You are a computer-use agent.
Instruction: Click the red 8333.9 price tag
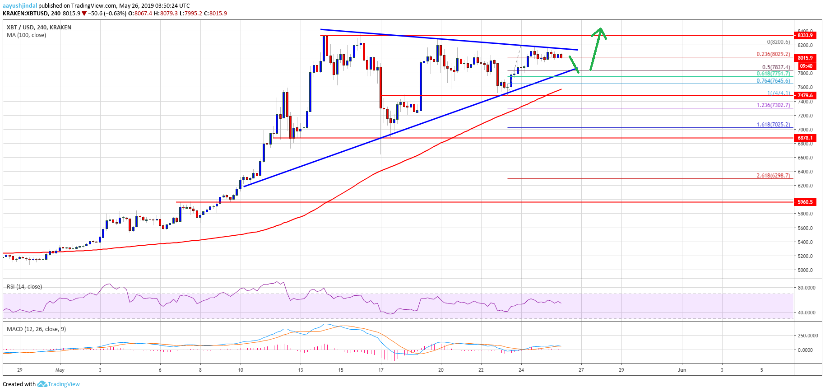(x=805, y=35)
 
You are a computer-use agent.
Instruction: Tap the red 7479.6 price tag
(x=805, y=95)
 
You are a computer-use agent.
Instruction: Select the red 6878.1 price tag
(x=805, y=138)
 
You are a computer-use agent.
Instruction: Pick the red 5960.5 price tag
(x=805, y=202)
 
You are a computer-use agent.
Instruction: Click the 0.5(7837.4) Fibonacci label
(x=776, y=67)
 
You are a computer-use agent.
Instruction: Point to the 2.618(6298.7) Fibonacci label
(x=773, y=176)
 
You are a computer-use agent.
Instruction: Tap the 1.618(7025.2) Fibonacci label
(x=773, y=125)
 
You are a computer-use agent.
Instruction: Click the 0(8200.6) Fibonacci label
(x=778, y=42)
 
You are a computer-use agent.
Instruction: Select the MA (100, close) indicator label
(x=26, y=35)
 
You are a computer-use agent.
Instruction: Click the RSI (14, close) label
(x=24, y=287)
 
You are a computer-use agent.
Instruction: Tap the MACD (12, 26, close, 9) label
(x=36, y=329)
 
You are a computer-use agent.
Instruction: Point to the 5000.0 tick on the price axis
(x=805, y=270)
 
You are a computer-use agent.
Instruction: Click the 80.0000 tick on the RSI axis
(x=806, y=288)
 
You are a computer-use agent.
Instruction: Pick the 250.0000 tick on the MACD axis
(x=808, y=336)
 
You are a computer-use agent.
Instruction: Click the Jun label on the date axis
(x=681, y=370)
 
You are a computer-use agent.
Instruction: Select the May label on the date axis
(x=60, y=370)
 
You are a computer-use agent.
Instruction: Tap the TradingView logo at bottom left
(x=59, y=384)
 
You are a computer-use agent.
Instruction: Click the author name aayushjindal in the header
(x=20, y=6)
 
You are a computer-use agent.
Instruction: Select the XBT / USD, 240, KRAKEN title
(x=39, y=27)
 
